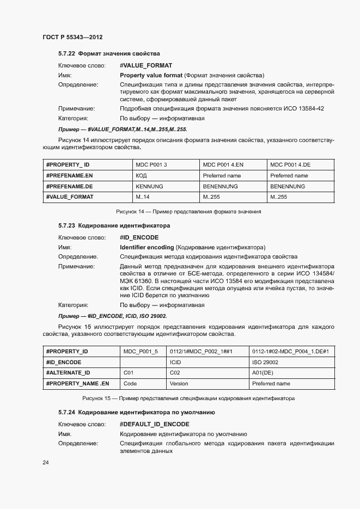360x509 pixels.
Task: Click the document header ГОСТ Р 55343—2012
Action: coord(72,37)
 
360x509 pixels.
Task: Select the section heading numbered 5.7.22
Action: coord(109,53)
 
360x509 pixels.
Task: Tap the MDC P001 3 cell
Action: coord(151,165)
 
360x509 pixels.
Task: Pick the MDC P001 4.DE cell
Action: coord(290,165)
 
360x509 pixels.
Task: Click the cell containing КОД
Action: coord(141,176)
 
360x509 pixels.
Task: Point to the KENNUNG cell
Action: coord(149,186)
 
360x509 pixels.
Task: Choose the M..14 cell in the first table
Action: coord(143,197)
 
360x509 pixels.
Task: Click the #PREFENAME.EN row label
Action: coord(70,176)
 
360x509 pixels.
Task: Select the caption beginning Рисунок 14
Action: coord(188,211)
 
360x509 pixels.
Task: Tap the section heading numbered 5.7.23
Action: coord(114,225)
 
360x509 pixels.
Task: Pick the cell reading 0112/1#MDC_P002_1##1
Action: coord(201,352)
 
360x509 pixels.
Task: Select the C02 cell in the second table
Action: coord(175,373)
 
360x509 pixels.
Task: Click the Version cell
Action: coord(179,383)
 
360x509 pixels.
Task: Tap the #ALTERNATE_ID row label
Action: coord(68,373)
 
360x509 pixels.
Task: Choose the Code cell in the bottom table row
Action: coord(130,383)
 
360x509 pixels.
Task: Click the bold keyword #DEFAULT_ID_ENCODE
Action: coord(155,424)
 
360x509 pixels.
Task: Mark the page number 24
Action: coord(46,463)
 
